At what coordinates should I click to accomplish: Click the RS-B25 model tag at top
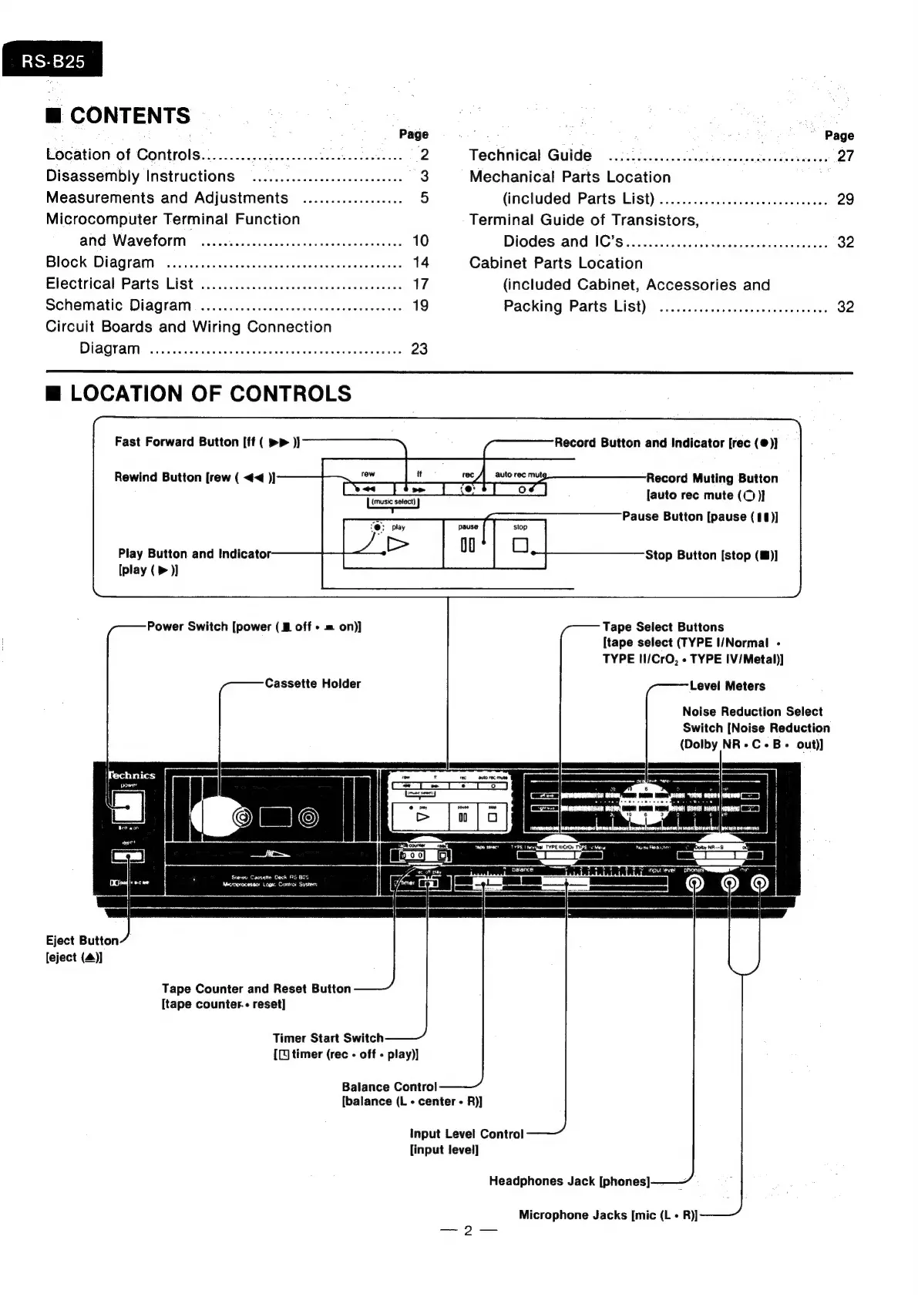point(52,61)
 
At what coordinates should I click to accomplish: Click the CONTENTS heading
point(129,116)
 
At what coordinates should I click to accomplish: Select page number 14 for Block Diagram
point(420,262)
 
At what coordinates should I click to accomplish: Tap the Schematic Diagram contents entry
point(118,305)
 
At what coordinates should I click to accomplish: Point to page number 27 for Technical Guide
point(846,156)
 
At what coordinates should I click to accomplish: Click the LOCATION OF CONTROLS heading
point(210,394)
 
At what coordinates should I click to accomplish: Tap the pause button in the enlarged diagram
point(468,545)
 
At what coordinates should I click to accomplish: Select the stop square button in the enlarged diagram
point(520,545)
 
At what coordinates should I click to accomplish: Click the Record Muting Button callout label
point(711,478)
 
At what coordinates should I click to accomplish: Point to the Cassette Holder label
point(312,684)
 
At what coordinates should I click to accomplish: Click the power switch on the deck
point(128,808)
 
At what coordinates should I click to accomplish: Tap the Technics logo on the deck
point(132,775)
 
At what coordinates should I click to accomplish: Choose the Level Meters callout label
point(727,686)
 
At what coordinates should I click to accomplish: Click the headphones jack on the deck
point(694,883)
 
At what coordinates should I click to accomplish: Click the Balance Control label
point(389,1087)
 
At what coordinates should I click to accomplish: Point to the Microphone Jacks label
point(607,1215)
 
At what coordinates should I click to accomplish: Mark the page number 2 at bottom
point(468,1231)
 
